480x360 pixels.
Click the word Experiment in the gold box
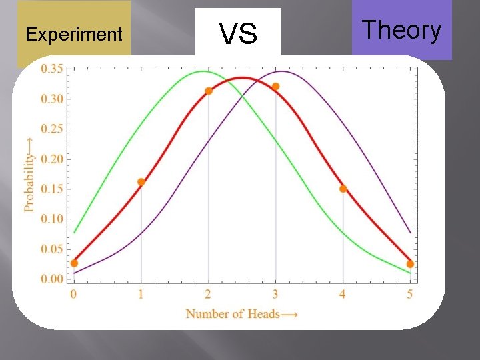coord(73,35)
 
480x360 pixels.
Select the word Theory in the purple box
coord(401,30)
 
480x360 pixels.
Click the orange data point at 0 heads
coord(74,263)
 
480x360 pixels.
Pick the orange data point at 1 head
coord(141,182)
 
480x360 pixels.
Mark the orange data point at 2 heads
coord(209,91)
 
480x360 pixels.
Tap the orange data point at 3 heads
coord(276,87)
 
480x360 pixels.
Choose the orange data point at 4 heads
coord(343,189)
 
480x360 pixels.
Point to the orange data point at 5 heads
coord(410,264)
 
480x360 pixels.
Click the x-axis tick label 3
coord(276,294)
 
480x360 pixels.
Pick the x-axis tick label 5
coord(410,294)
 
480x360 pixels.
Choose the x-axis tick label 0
coord(74,294)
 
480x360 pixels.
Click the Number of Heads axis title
coord(242,313)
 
